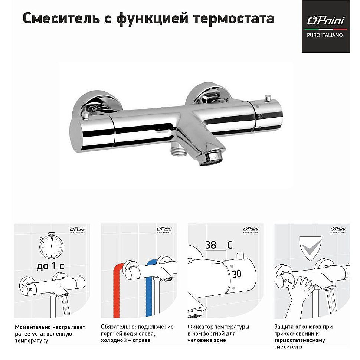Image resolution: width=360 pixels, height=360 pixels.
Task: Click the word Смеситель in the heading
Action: [x=60, y=19]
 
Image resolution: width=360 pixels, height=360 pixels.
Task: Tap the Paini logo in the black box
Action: [x=326, y=21]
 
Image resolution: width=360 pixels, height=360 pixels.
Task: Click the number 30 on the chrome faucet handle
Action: [x=261, y=116]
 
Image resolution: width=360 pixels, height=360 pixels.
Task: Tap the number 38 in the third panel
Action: [x=210, y=245]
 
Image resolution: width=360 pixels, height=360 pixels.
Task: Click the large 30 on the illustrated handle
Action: [x=236, y=274]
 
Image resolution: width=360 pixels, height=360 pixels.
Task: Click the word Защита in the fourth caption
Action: [x=284, y=327]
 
